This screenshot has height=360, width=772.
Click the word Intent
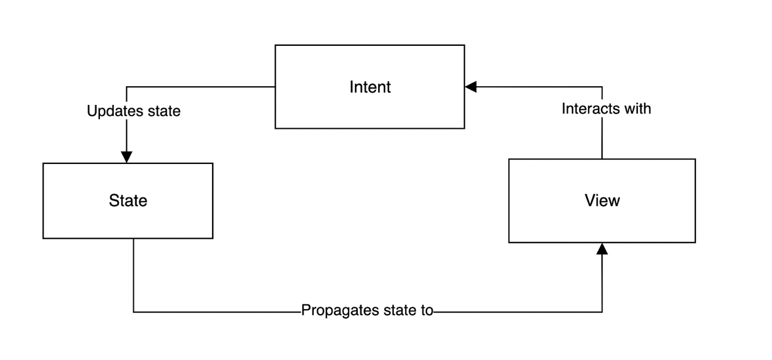click(370, 87)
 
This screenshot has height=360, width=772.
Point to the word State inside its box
click(128, 200)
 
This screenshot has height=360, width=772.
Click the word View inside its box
click(602, 200)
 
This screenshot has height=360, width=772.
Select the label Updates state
click(134, 111)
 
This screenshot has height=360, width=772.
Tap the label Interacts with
click(606, 109)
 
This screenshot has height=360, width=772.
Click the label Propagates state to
click(367, 311)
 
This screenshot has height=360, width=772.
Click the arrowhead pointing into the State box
click(127, 157)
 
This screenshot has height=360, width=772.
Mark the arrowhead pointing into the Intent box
click(471, 87)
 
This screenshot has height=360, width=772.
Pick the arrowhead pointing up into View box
click(602, 249)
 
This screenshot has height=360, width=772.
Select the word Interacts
click(590, 109)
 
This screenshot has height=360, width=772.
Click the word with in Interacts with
click(637, 109)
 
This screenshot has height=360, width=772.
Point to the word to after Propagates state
click(426, 311)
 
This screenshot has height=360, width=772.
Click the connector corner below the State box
click(134, 312)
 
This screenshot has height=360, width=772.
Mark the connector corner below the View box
click(602, 312)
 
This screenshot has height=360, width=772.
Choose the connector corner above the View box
click(602, 87)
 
